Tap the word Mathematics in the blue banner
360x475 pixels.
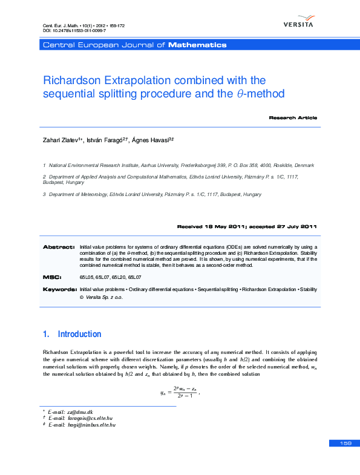197,45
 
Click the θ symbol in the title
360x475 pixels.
237,94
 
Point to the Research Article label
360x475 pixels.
293,117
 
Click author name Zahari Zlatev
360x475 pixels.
62,140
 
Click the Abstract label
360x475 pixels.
58,247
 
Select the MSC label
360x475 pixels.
52,277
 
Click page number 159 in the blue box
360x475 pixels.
345,444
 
